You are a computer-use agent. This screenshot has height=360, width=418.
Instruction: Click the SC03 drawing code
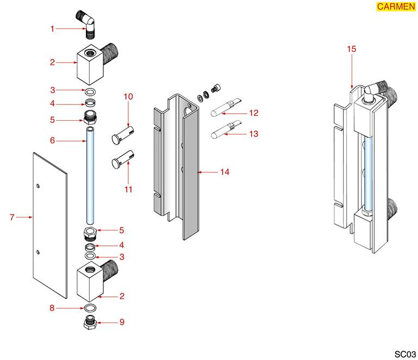tap(404, 353)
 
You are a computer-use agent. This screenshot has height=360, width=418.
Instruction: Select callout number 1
tap(53, 28)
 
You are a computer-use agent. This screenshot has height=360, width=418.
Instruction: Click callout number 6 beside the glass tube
tap(53, 140)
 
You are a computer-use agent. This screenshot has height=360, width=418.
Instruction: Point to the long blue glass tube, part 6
tap(90, 174)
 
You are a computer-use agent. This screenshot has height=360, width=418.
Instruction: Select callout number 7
tap(12, 218)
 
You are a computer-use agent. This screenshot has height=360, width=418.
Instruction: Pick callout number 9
tap(122, 322)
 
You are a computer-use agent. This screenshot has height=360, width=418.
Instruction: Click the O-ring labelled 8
tap(90, 308)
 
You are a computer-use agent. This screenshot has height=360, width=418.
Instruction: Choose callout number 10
tap(128, 97)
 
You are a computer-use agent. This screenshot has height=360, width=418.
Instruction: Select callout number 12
tap(254, 114)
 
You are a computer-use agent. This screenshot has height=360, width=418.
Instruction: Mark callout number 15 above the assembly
tap(351, 49)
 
